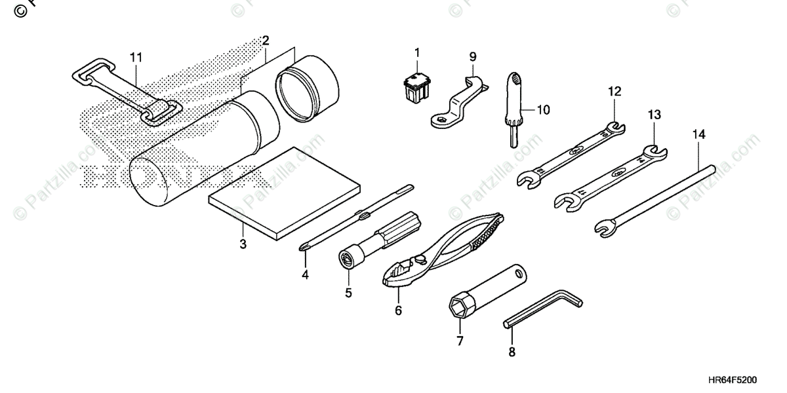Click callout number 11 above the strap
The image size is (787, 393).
tap(135, 58)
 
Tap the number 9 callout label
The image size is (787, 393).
tap(472, 56)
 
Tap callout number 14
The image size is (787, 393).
tap(698, 134)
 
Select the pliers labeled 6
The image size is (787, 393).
tap(446, 249)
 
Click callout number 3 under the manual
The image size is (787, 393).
tap(243, 245)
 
